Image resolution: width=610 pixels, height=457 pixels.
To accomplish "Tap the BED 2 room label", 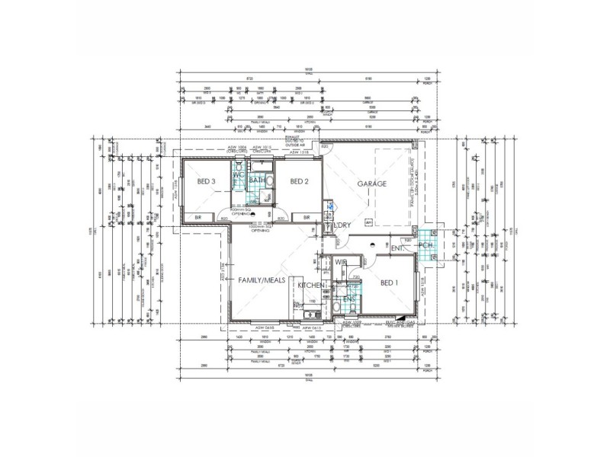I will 298,181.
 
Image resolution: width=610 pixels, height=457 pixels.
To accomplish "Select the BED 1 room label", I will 390,283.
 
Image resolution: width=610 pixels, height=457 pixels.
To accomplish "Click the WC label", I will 238,175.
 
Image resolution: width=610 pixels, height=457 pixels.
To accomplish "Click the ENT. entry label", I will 398,248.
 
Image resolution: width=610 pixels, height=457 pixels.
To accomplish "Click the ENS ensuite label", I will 349,299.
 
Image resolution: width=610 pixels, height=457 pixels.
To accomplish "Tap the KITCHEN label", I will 311,285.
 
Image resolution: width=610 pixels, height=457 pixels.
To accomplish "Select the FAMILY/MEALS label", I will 262,280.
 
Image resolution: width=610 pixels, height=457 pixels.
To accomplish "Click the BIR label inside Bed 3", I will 198,218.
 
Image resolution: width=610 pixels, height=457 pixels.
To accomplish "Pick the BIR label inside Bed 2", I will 307,218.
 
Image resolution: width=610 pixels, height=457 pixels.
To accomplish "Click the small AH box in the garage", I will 368,222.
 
